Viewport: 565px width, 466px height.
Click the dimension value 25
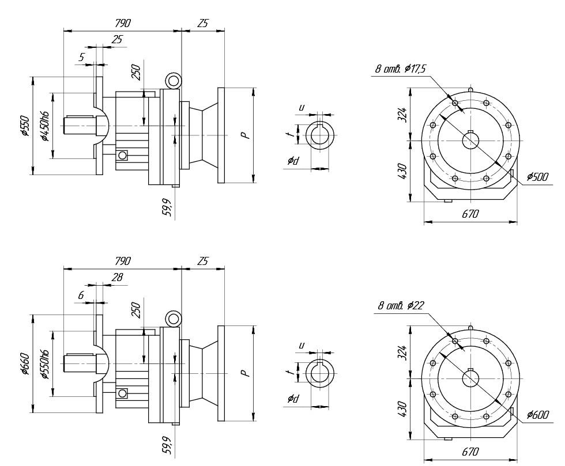(117, 39)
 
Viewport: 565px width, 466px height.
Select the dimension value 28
(117, 277)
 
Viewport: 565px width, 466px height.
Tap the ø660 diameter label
(25, 363)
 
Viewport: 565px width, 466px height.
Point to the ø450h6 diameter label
(44, 125)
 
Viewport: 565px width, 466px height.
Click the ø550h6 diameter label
(44, 364)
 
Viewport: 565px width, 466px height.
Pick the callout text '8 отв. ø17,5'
(401, 69)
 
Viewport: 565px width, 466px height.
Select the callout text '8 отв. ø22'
(401, 305)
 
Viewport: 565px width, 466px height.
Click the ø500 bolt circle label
(537, 177)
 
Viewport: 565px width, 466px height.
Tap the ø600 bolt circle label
(537, 414)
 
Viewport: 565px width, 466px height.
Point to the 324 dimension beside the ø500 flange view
(402, 113)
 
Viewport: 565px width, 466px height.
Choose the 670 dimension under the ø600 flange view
(470, 452)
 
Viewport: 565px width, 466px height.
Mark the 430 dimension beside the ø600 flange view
(402, 408)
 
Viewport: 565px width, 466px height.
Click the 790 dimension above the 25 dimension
(122, 23)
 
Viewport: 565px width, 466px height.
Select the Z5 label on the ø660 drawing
(202, 261)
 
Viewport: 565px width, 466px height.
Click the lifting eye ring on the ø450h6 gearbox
(173, 81)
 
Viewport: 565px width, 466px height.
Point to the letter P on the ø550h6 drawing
(245, 373)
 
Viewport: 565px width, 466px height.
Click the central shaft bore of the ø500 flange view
(471, 141)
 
